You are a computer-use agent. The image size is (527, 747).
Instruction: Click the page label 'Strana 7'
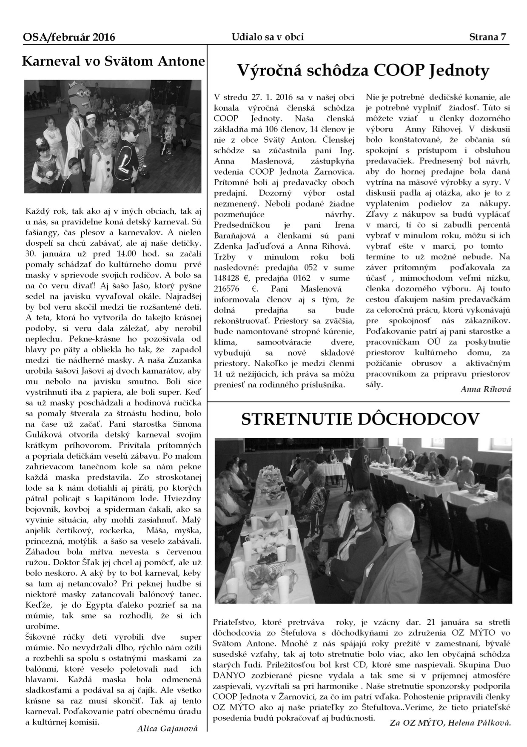click(x=487, y=37)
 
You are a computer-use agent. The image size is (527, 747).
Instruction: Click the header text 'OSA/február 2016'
click(x=69, y=37)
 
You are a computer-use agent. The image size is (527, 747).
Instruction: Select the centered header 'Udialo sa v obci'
click(x=268, y=37)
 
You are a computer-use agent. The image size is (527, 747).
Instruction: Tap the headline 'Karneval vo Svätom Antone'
click(x=113, y=61)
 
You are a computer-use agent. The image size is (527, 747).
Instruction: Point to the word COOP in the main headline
click(x=402, y=70)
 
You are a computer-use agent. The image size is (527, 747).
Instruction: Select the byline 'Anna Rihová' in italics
click(x=486, y=389)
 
